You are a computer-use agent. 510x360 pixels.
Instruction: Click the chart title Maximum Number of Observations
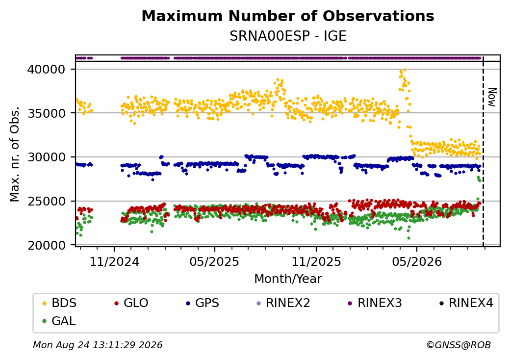pyautogui.click(x=288, y=16)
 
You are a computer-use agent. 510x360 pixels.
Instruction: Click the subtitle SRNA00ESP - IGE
pyautogui.click(x=288, y=36)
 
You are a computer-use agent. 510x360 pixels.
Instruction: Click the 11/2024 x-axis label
pyautogui.click(x=114, y=262)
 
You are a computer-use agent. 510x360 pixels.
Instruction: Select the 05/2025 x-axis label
pyautogui.click(x=214, y=262)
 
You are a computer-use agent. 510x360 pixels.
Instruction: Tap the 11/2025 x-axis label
pyautogui.click(x=316, y=262)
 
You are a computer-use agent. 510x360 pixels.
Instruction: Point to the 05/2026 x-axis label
pyautogui.click(x=417, y=262)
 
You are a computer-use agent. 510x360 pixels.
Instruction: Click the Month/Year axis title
pyautogui.click(x=288, y=279)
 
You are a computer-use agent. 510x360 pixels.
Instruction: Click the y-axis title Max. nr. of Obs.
pyautogui.click(x=15, y=154)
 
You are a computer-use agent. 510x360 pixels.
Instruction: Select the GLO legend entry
pyautogui.click(x=131, y=303)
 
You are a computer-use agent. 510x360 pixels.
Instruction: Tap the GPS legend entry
pyautogui.click(x=203, y=303)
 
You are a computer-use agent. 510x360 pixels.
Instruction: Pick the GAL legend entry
pyautogui.click(x=59, y=321)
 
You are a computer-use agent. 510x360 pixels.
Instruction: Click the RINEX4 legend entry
pyautogui.click(x=466, y=303)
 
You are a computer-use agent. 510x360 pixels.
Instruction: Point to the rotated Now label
pyautogui.click(x=492, y=97)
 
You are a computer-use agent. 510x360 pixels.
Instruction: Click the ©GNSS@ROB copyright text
pyautogui.click(x=459, y=345)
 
